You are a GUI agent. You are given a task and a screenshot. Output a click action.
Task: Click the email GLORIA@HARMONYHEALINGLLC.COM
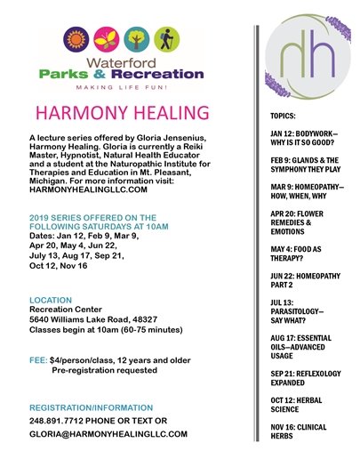coord(108,434)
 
